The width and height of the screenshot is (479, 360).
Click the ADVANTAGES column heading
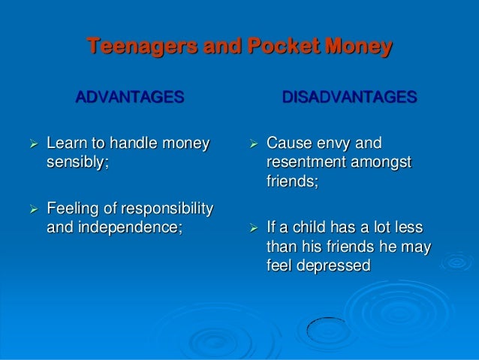click(x=128, y=98)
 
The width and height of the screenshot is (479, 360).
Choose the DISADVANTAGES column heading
click(x=349, y=98)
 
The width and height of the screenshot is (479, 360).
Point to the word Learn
click(x=66, y=143)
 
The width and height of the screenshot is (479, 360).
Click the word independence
click(x=128, y=226)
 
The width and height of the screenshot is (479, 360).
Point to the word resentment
click(x=309, y=162)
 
